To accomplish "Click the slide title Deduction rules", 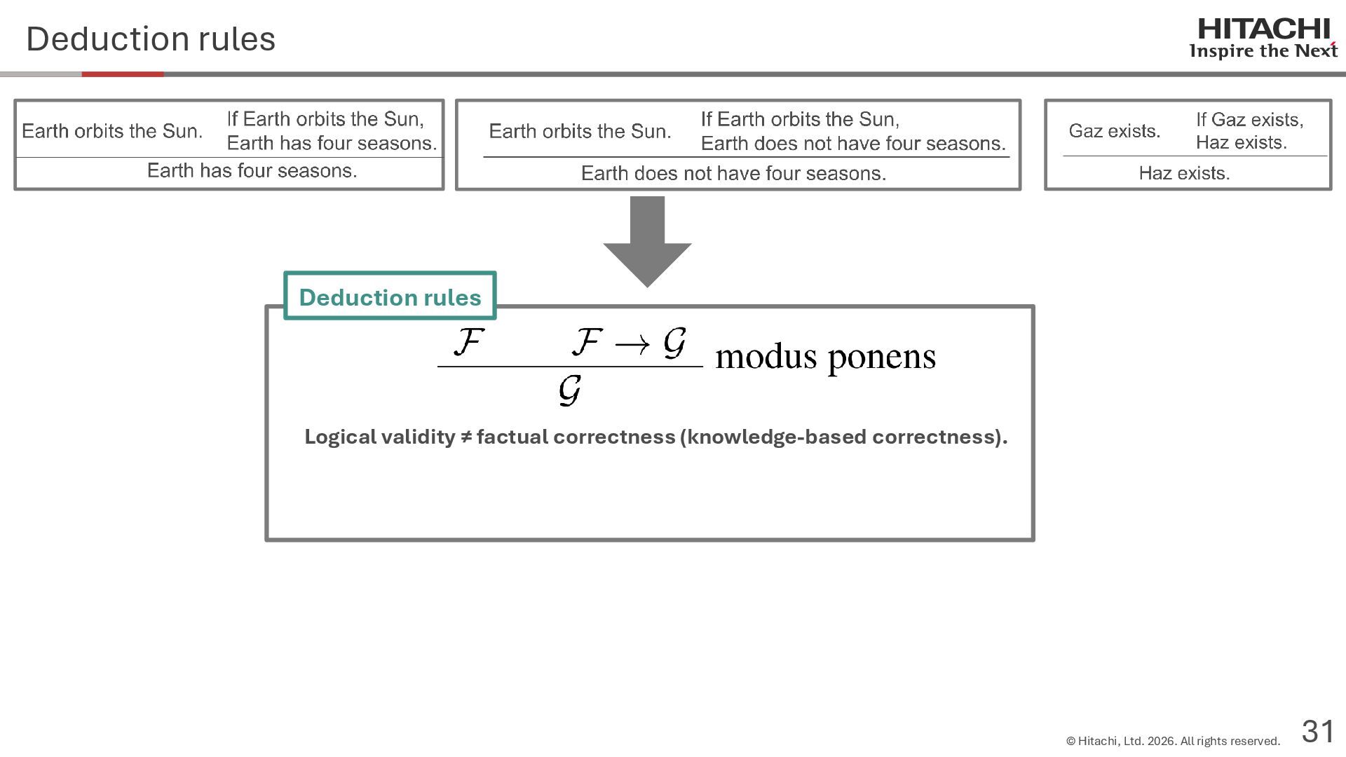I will [x=151, y=39].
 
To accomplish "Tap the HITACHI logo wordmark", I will [x=1263, y=29].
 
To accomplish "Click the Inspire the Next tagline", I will [x=1263, y=51].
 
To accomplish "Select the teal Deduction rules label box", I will [x=390, y=296].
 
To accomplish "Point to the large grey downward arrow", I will [x=647, y=242].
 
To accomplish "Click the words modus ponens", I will [x=825, y=357].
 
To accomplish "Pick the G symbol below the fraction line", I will [x=569, y=390].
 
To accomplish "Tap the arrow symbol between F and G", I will [x=632, y=344].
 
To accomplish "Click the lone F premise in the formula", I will [x=468, y=343].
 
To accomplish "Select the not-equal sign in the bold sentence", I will [x=466, y=437].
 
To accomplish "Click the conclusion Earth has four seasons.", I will [x=252, y=171].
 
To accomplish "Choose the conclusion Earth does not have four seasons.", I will [x=733, y=174].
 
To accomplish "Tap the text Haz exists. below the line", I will [x=1184, y=173].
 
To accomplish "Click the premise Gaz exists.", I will [x=1114, y=131].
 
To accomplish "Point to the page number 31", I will [x=1318, y=731].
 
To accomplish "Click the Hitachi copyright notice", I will [x=1173, y=741].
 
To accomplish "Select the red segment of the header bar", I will [x=123, y=74].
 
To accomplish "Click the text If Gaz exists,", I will [x=1249, y=120].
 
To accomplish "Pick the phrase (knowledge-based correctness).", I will [x=843, y=437].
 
